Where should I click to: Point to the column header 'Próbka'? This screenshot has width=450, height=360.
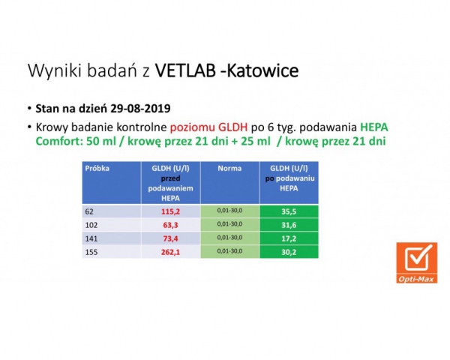[x=97, y=168]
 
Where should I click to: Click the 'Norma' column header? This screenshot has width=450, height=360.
[x=229, y=168]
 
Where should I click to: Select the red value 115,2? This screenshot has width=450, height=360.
[x=170, y=211]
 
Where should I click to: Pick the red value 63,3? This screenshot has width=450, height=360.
[x=170, y=225]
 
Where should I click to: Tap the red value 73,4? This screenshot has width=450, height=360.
[x=170, y=238]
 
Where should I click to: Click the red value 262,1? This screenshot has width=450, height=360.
[x=170, y=252]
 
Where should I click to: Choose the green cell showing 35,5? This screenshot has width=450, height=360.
[x=289, y=211]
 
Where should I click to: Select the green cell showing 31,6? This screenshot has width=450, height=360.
[x=289, y=225]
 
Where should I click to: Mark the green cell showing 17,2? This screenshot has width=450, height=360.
[x=289, y=238]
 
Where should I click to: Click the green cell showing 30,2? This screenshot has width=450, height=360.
[x=289, y=252]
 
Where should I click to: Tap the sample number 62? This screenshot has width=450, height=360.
[x=90, y=211]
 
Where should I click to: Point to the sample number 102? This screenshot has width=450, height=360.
[x=91, y=225]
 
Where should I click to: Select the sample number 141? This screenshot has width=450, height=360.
[x=91, y=238]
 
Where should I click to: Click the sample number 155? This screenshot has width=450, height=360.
[x=91, y=252]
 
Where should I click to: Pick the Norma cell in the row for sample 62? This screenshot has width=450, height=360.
[x=229, y=211]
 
